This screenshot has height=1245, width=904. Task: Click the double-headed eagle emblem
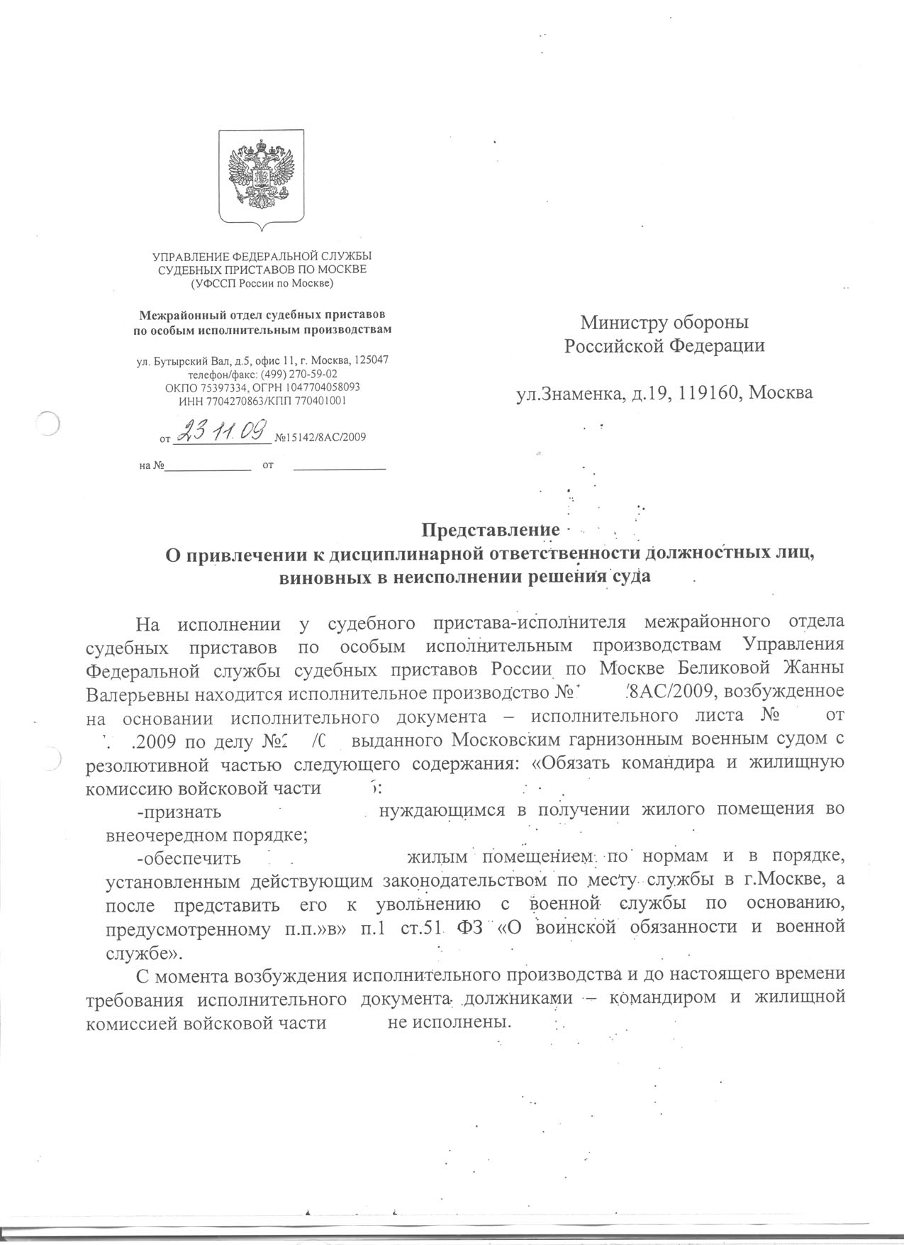(x=262, y=177)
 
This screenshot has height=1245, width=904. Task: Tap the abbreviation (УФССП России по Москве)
(x=262, y=284)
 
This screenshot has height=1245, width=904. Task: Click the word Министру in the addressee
(x=623, y=323)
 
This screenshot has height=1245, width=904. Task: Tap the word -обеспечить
(x=189, y=858)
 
